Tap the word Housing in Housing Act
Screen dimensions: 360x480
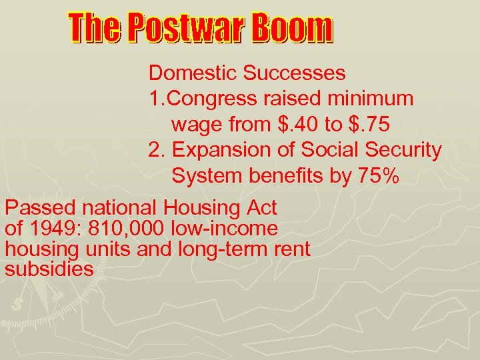point(208,208)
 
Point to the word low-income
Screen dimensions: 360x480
point(225,229)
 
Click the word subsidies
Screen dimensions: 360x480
point(48,269)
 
